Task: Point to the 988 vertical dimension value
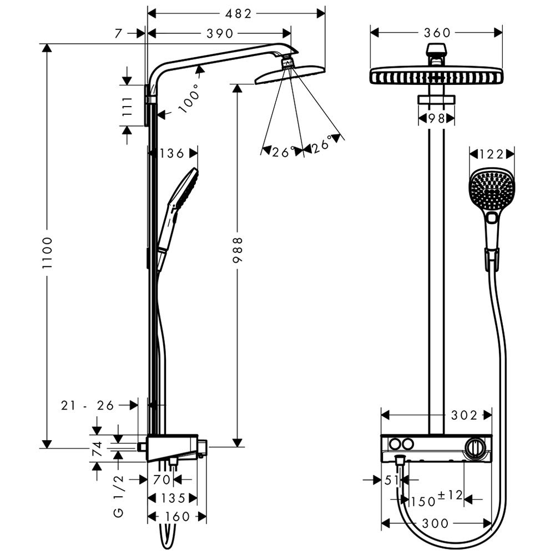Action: (x=238, y=253)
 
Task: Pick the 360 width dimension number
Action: (x=436, y=33)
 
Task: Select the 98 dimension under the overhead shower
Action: (x=436, y=118)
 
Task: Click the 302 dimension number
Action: (x=464, y=415)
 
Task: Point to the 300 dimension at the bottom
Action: (x=436, y=523)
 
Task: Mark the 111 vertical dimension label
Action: (x=127, y=105)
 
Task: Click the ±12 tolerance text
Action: (x=450, y=495)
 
